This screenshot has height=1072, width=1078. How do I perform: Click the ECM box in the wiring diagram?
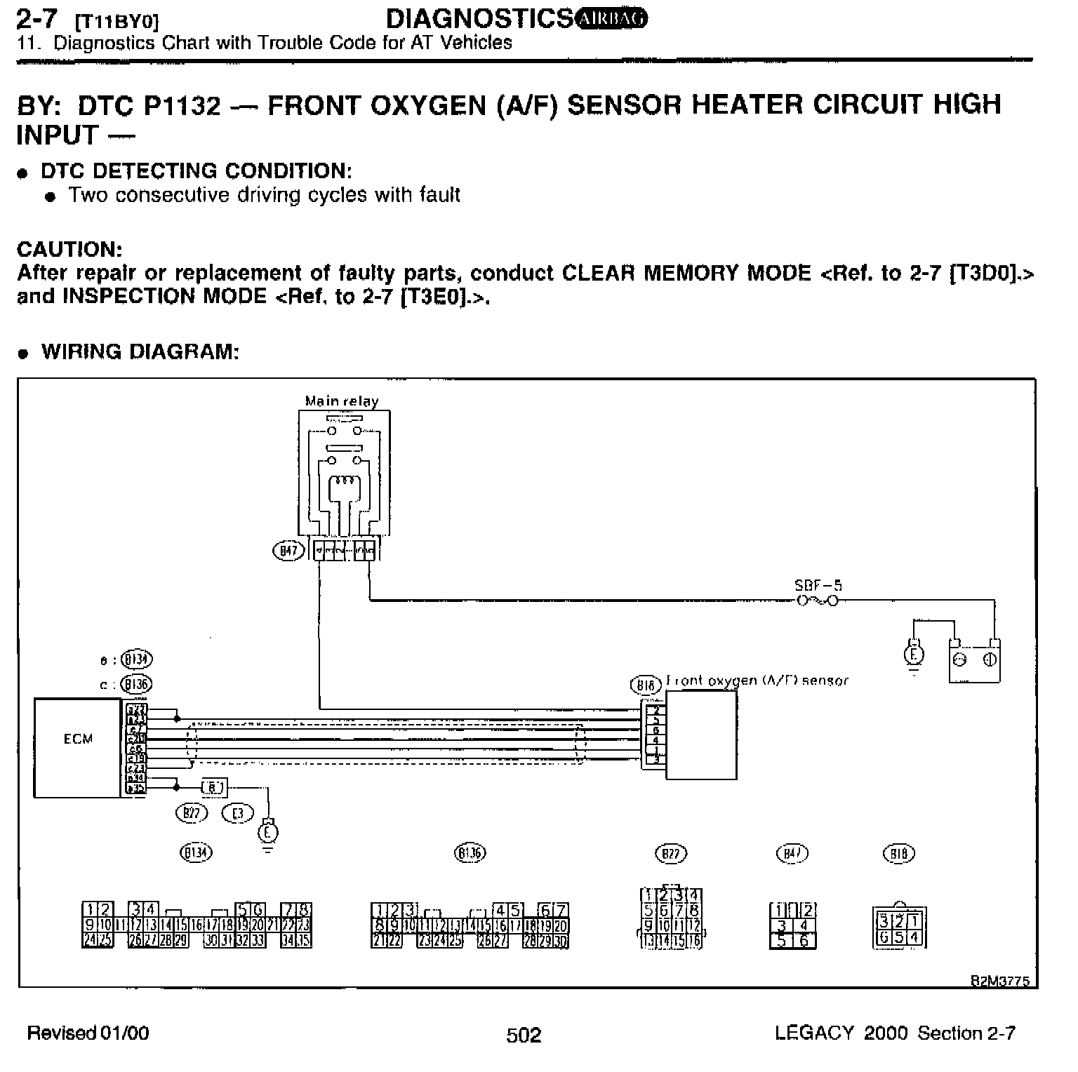point(76,746)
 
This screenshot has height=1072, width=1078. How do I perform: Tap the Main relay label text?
point(342,401)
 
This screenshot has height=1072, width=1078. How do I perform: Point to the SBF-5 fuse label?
point(818,585)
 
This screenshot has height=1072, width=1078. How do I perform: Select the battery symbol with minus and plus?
point(974,660)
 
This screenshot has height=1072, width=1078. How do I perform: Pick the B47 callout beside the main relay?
point(288,551)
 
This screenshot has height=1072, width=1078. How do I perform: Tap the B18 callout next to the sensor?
point(646,685)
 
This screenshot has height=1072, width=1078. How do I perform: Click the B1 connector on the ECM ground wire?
point(214,788)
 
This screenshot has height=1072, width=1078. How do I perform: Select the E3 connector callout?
point(237,813)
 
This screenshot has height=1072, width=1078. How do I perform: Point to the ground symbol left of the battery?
point(913,656)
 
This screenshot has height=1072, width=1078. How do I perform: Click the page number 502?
point(524,1035)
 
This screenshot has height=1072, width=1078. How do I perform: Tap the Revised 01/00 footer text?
point(88,1033)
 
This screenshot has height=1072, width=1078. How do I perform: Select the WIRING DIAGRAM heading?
point(140,351)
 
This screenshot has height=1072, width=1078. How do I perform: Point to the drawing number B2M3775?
point(999,981)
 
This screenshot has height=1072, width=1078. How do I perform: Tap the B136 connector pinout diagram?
point(470,925)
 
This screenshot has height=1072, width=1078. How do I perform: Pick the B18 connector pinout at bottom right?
point(900,927)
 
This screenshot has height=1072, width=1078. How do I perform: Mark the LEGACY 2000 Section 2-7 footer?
point(895,1033)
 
